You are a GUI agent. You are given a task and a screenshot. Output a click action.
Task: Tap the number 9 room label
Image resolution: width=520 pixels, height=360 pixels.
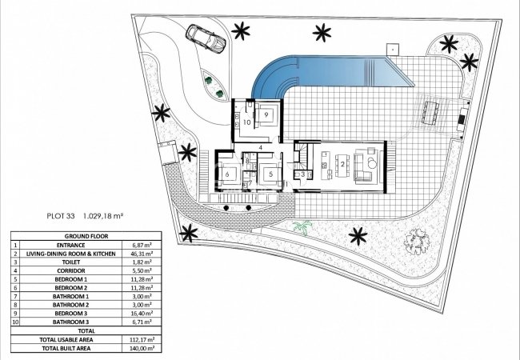[x=265, y=114]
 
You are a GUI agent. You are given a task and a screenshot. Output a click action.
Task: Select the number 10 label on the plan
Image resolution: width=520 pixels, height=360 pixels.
[x=247, y=122]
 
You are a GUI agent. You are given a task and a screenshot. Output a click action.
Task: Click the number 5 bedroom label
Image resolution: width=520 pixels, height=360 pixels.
[x=271, y=174]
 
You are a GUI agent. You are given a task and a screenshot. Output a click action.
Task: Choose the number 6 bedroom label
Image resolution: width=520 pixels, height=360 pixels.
[x=229, y=174]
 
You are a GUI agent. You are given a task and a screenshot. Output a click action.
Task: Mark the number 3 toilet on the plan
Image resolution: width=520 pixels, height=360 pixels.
[x=302, y=174]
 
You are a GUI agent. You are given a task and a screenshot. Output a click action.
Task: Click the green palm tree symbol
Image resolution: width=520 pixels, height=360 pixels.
[x=302, y=228]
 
